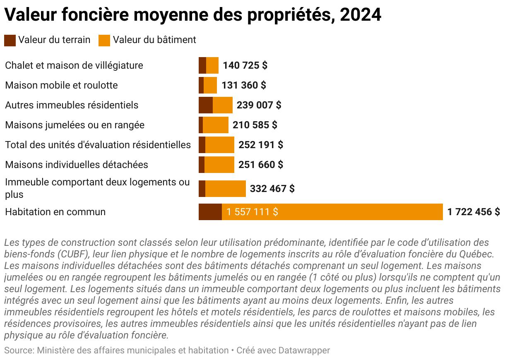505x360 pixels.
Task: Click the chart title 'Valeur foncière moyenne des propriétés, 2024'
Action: click(x=192, y=15)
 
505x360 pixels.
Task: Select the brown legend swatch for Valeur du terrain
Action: click(x=10, y=40)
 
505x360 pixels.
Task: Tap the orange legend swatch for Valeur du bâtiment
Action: click(x=104, y=40)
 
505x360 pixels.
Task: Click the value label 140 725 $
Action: click(x=245, y=65)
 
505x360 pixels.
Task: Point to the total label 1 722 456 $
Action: click(x=474, y=212)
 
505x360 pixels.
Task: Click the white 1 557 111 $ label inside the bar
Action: click(x=252, y=212)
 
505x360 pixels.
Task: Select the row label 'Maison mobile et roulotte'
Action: click(x=61, y=85)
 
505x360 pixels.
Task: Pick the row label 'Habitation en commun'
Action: click(x=55, y=212)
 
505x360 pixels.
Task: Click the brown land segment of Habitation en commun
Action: click(x=210, y=212)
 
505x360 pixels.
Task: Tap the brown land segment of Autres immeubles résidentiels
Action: click(x=205, y=105)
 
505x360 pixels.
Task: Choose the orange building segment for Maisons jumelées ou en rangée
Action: click(x=216, y=125)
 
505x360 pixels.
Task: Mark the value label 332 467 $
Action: click(x=272, y=189)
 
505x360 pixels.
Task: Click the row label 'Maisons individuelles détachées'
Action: click(x=77, y=165)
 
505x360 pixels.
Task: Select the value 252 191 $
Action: click(x=261, y=145)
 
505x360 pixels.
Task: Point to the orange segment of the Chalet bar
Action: click(x=212, y=65)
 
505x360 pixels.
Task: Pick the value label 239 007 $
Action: click(x=259, y=105)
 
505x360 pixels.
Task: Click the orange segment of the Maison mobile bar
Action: click(x=210, y=85)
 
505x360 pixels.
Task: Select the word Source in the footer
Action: click(x=18, y=350)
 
